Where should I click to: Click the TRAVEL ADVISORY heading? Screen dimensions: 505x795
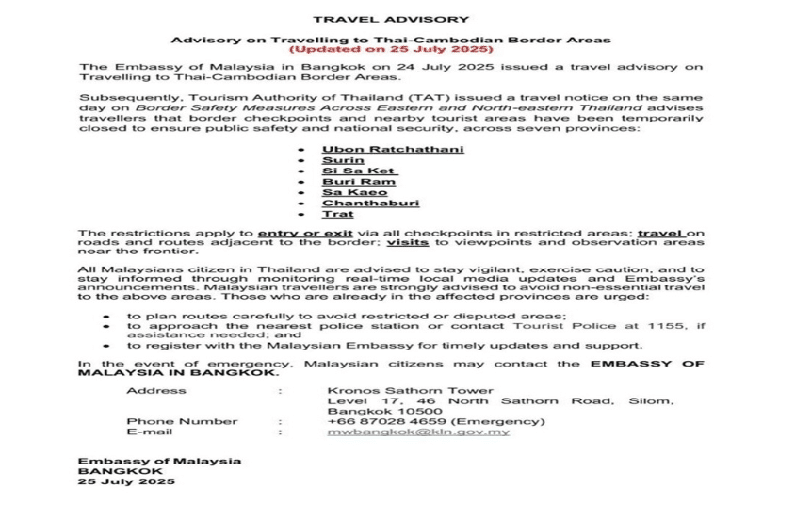[x=391, y=19]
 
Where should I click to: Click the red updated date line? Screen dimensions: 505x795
[x=390, y=49]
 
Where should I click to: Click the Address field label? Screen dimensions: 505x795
[x=150, y=390]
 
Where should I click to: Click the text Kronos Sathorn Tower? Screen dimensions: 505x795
[x=392, y=390]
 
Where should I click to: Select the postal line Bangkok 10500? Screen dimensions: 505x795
[x=371, y=412]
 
